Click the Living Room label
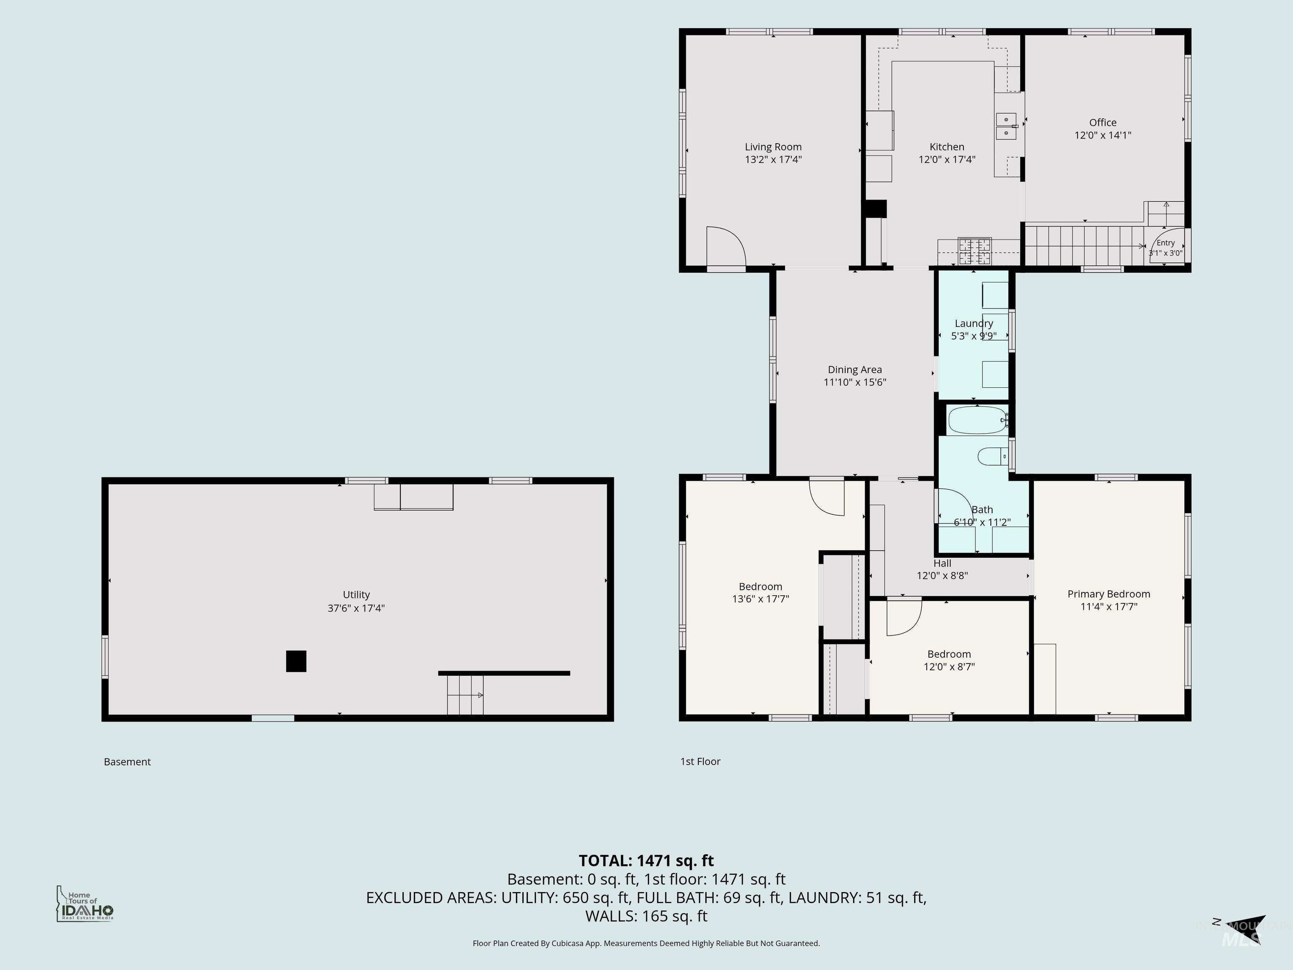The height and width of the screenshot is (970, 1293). (x=773, y=147)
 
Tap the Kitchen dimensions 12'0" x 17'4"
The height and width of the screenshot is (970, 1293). (x=947, y=159)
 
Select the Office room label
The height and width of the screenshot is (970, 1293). (x=1102, y=122)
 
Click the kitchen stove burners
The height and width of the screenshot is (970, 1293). (x=975, y=251)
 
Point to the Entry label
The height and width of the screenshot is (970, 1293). (x=1165, y=242)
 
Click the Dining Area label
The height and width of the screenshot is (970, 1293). (x=854, y=370)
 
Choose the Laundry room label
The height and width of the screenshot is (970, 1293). (x=974, y=323)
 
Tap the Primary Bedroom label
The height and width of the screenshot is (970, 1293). (x=1109, y=594)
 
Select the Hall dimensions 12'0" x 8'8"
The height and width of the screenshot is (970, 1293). (x=942, y=576)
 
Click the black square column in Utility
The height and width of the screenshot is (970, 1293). (x=296, y=661)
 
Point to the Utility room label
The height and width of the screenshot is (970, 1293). (x=356, y=594)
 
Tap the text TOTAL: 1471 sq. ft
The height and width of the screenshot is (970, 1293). (x=646, y=861)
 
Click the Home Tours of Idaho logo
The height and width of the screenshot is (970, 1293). (x=85, y=904)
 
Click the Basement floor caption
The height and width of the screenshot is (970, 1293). (x=128, y=762)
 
